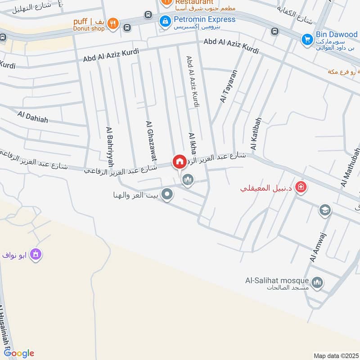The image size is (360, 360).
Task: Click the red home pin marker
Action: coord(179,162)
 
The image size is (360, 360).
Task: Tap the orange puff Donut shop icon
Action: coord(113,24)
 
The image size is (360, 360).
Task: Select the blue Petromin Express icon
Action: coord(166,20)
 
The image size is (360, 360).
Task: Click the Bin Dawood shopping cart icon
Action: coord(308,40)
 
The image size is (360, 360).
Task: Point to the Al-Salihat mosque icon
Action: coord(318,282)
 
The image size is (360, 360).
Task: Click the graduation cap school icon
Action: coord(324,210)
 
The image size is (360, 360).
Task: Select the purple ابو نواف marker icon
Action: coord(36,255)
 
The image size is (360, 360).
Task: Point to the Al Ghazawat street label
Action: coord(151,140)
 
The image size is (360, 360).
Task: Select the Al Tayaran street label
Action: coord(229,87)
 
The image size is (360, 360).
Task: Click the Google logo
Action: coord(19,354)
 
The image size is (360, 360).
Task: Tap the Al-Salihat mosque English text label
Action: coord(276,280)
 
